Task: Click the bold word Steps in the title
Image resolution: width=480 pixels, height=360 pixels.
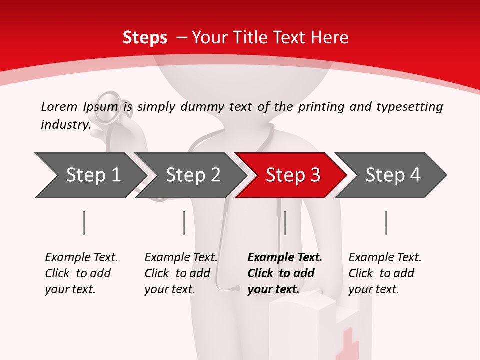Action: click(145, 38)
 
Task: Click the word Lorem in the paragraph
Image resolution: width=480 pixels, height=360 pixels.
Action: click(59, 106)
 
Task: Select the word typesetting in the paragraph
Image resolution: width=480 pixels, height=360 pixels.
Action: click(409, 106)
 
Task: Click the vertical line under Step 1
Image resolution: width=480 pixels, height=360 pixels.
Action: click(84, 223)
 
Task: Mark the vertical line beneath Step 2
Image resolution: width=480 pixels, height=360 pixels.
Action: click(184, 223)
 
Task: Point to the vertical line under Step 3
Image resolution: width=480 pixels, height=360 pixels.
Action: click(285, 223)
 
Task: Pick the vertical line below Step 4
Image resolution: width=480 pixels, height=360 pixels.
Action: click(386, 223)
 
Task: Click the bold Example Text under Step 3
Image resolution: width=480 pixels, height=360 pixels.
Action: click(285, 257)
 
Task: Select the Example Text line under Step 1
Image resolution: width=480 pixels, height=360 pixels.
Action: click(81, 257)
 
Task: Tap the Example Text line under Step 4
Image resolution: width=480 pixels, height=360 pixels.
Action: click(385, 257)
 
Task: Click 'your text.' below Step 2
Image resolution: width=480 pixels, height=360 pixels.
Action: click(169, 289)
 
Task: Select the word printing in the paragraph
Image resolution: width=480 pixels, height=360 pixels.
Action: click(321, 106)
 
